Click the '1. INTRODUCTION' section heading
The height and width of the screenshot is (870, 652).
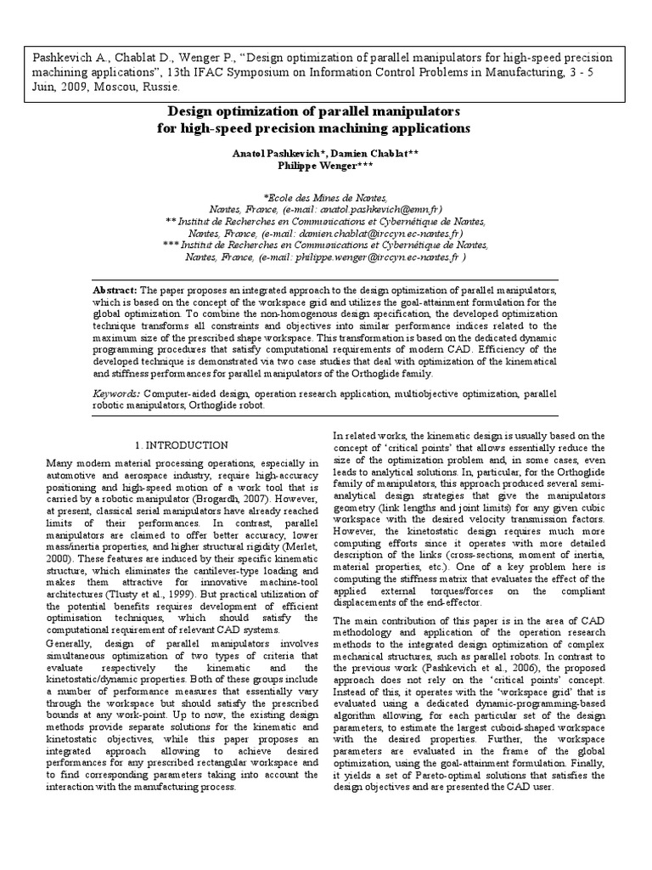(182, 445)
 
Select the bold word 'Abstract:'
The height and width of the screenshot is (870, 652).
(116, 290)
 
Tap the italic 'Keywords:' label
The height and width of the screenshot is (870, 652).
(116, 394)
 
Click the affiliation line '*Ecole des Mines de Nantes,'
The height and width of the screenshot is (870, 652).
(325, 196)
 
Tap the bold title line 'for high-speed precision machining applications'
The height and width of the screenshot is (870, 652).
(325, 127)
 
